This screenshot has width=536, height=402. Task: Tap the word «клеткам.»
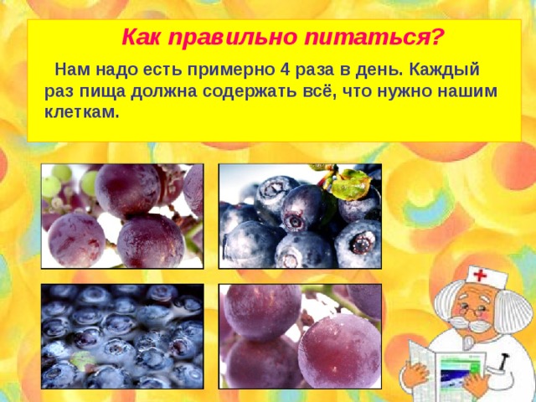tap(82, 111)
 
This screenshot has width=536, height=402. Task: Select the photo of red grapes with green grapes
tap(122, 215)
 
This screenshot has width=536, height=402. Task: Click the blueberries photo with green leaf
tap(299, 215)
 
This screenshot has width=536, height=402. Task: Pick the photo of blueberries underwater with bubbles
tap(122, 337)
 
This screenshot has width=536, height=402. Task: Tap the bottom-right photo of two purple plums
tap(299, 337)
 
